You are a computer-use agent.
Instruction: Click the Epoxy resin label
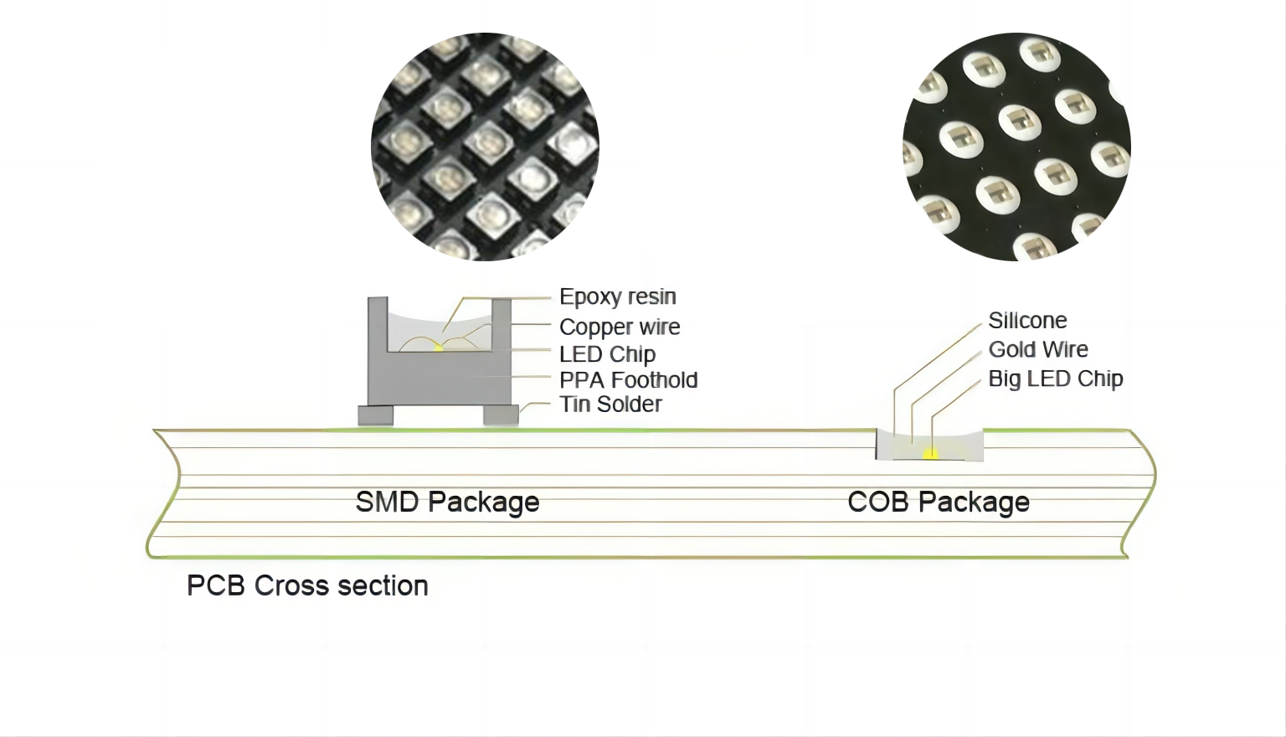617,296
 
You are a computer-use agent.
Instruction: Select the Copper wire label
620,327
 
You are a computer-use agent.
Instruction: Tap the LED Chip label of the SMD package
607,353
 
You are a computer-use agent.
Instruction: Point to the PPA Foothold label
628,379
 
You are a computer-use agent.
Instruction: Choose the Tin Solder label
610,404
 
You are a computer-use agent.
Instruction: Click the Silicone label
1027,320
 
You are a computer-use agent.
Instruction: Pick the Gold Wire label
1038,349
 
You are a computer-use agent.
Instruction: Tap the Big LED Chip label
1055,379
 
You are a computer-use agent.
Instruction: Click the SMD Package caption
447,502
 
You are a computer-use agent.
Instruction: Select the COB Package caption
938,502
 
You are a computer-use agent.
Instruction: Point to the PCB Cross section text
307,585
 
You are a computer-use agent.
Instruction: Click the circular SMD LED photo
485,147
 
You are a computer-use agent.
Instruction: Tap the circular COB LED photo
1016,147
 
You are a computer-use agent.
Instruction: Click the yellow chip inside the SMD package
438,346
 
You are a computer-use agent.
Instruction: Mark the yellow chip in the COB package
929,454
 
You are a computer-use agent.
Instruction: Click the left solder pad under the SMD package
375,415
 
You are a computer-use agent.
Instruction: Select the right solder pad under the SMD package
501,415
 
